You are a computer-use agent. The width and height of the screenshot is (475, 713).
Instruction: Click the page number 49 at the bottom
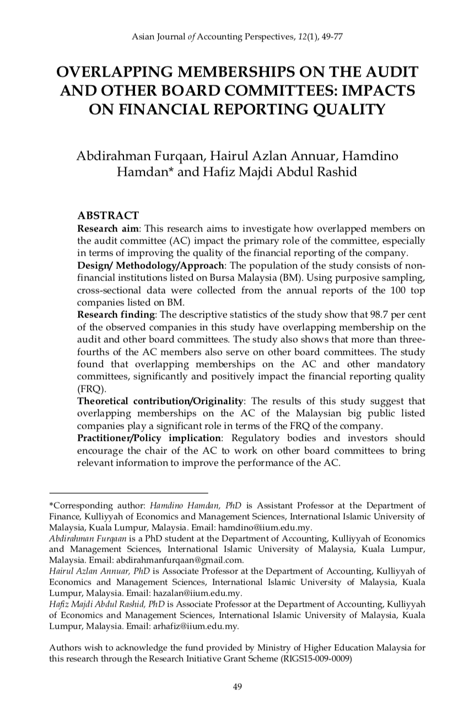237,686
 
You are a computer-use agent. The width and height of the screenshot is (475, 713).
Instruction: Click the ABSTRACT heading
108,215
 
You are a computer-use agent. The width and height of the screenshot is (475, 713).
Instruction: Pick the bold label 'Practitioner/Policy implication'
149,438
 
